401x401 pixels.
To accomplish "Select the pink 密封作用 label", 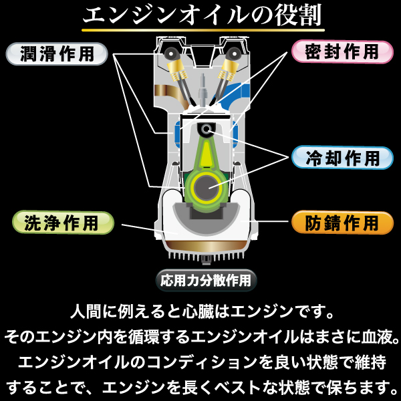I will tap(343, 51).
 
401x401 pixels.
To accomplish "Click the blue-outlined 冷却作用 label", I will tap(343, 158).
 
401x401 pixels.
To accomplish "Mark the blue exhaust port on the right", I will tap(235, 92).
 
